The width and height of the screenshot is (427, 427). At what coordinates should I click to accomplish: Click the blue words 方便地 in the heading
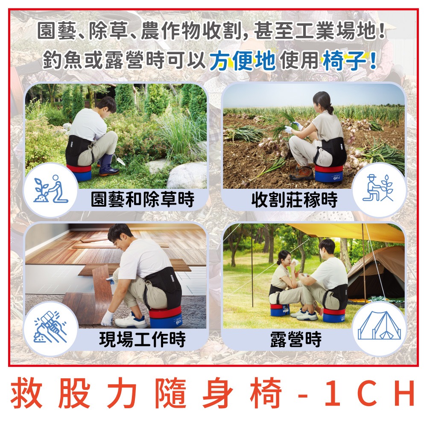242,61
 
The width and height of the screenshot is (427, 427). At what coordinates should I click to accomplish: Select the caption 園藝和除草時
143,199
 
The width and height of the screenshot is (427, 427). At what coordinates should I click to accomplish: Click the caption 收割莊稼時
294,199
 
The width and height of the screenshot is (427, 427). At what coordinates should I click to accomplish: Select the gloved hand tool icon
50,329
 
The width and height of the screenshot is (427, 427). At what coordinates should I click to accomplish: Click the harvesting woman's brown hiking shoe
301,173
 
